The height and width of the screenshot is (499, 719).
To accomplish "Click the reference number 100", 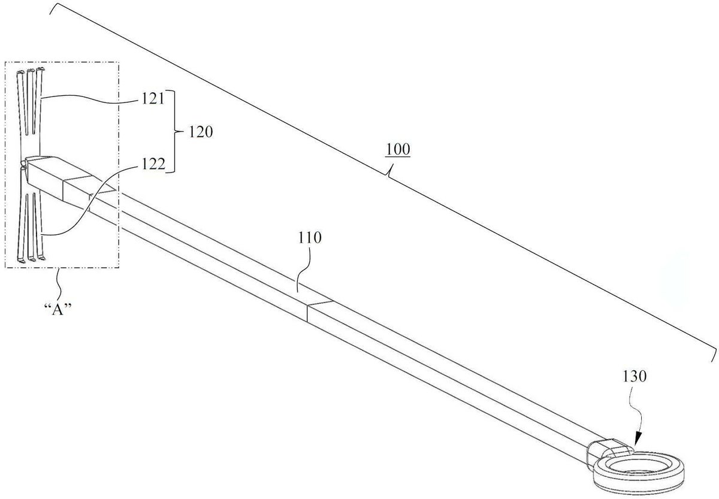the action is point(398,150).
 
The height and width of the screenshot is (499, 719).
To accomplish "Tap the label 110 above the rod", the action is point(310,238).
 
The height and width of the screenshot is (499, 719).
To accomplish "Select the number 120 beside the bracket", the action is point(201,132).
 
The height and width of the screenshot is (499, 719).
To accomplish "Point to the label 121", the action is point(153,98).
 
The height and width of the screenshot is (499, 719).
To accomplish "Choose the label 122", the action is point(153,164).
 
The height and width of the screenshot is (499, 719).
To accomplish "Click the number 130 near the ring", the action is point(635,376).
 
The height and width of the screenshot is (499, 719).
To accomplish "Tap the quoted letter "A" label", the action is point(58,309).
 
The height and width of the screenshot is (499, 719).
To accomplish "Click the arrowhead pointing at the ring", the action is point(638,439).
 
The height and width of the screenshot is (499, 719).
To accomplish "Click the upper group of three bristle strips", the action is point(29,101).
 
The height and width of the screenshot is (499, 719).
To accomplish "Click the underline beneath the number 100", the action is point(398,157).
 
